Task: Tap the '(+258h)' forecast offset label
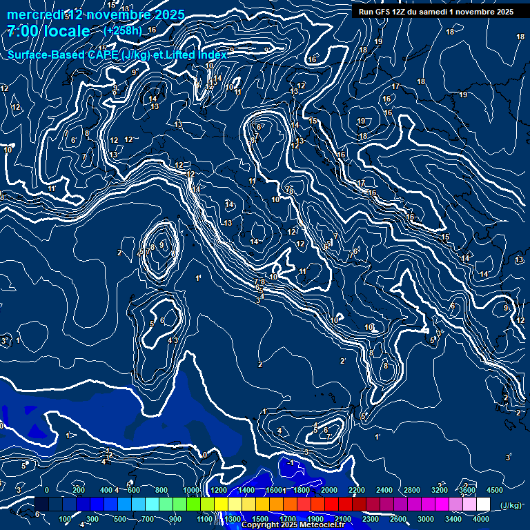pos(122,30)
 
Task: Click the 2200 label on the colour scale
pos(356,490)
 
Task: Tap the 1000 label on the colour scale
pos(191,490)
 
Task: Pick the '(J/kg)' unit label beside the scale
pos(511,506)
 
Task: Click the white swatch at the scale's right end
pos(483,504)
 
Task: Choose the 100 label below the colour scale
pos(66,519)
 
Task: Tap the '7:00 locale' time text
pos(48,31)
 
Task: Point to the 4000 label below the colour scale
pos(482,519)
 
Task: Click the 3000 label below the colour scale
pos(426,519)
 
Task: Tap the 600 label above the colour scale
pos(134,490)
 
